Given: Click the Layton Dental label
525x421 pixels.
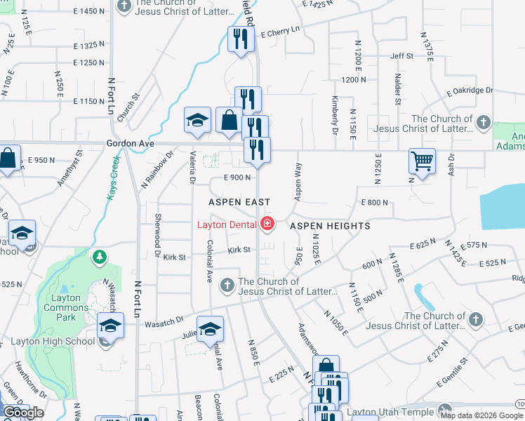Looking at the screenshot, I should click(x=225, y=225).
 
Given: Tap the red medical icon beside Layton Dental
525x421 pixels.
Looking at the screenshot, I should click(x=267, y=225).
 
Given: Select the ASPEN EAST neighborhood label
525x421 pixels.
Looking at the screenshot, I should click(x=239, y=202).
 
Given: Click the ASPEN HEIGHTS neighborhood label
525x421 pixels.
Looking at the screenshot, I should click(x=330, y=226).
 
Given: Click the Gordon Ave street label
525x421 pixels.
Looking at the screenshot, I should click(x=130, y=143).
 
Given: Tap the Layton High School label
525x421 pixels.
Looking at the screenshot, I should click(x=53, y=342).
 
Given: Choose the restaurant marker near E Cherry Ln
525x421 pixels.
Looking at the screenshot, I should click(x=240, y=39).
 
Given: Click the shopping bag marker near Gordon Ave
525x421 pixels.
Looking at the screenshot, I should click(x=229, y=121).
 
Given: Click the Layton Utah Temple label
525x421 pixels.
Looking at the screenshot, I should click(x=397, y=410).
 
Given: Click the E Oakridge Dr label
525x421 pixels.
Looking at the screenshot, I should click(x=470, y=91).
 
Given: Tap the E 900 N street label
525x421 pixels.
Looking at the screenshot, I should click(x=238, y=178).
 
